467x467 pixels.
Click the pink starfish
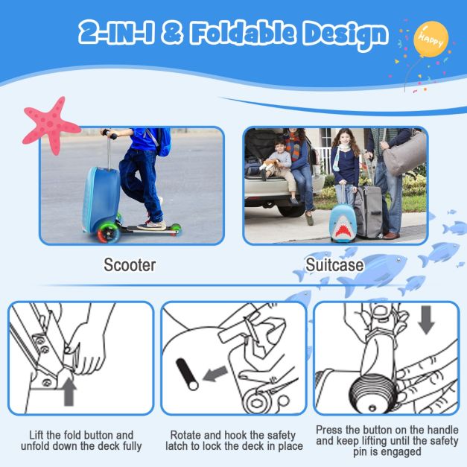click(50, 125)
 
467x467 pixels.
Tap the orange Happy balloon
click(431, 39)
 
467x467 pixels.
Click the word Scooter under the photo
click(130, 264)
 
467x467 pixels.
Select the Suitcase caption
click(334, 264)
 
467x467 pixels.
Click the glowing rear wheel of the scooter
click(108, 232)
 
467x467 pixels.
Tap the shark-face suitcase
click(343, 223)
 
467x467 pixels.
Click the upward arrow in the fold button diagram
click(69, 392)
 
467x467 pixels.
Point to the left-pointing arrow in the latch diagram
click(215, 374)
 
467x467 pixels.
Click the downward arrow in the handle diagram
click(427, 320)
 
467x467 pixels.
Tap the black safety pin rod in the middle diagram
click(187, 374)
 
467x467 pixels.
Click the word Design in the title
click(346, 35)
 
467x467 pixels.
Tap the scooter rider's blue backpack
click(163, 142)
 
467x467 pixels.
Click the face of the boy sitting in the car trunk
click(279, 145)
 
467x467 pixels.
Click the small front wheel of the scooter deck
click(176, 229)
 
